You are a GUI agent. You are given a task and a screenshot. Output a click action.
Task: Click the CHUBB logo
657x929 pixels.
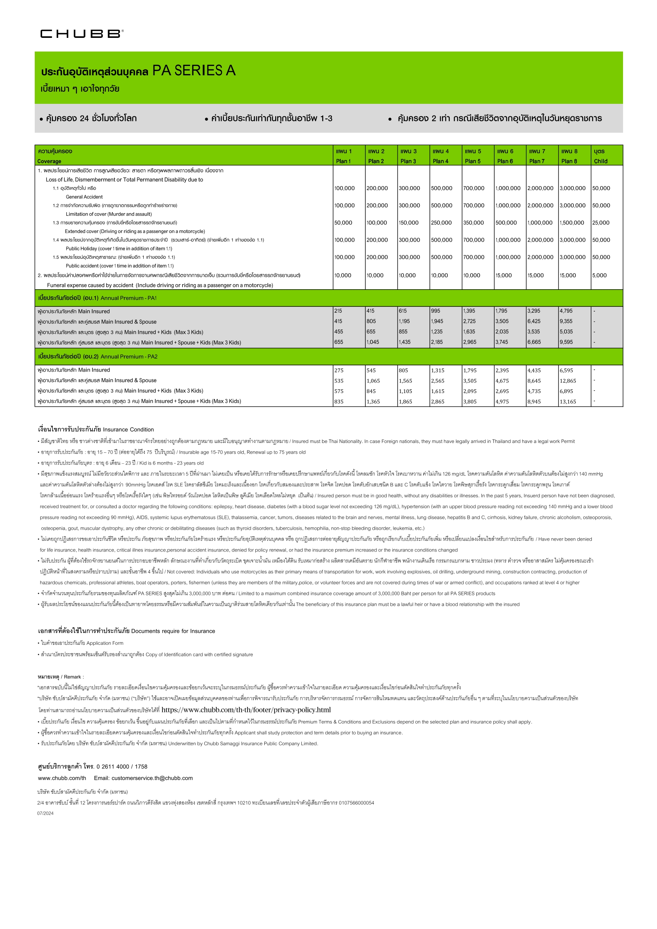click(82, 34)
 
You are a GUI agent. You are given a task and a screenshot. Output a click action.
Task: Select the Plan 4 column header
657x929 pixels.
click(441, 156)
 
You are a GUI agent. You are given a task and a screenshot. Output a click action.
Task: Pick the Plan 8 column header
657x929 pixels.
click(569, 156)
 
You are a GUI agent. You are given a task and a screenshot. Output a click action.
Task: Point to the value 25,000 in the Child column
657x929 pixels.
click(601, 223)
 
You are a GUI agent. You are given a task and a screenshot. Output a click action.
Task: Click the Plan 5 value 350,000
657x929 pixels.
click(474, 223)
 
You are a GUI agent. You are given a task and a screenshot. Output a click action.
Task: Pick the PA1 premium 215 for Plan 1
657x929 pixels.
click(338, 311)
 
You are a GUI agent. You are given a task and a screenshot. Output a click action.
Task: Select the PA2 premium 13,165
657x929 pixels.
click(568, 402)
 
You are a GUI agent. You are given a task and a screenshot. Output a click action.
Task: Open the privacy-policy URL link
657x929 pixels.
click(246, 710)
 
